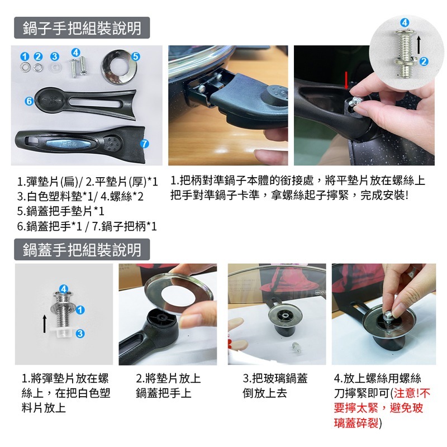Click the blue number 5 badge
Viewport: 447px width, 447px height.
136,56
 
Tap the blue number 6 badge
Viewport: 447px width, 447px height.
29,101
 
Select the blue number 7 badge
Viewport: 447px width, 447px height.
145,144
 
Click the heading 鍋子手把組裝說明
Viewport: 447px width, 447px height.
82,28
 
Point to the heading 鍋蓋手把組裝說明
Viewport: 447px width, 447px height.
82,249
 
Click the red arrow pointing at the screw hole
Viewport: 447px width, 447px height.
346,80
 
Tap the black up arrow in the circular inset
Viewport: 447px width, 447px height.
418,45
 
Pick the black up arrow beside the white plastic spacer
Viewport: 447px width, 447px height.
45,324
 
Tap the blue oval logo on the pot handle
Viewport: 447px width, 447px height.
68,144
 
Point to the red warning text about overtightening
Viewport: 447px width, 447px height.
382,408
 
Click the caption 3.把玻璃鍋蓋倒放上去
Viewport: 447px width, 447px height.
275,386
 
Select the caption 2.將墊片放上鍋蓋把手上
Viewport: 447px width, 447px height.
169,386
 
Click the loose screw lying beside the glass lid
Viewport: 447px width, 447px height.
297,348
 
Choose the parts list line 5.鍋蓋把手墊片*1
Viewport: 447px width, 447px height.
60,211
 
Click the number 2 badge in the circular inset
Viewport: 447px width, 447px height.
424,61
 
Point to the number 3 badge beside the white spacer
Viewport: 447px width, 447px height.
80,333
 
